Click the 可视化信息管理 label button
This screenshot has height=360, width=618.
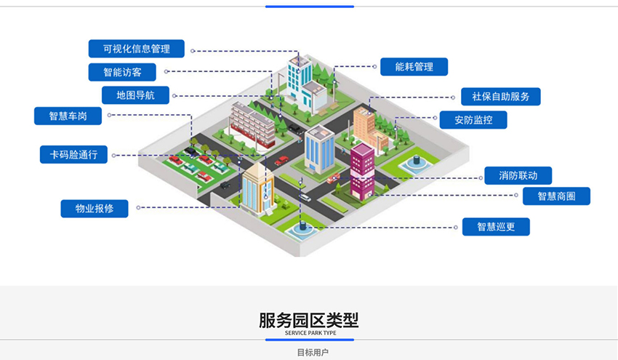[137, 49]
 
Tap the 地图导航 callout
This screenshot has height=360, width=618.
[135, 95]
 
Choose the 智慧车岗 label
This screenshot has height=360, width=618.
[68, 116]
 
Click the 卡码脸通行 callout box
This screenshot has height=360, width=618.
[73, 154]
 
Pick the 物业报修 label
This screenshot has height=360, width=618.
[95, 209]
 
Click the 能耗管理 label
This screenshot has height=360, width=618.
[414, 67]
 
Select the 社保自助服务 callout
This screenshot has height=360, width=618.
[501, 97]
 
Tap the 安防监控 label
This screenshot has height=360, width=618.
[473, 120]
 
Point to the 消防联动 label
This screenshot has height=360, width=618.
[518, 175]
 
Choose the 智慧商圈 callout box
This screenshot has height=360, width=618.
[556, 196]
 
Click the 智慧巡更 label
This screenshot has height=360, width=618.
[496, 227]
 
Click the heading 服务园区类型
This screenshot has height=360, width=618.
[309, 320]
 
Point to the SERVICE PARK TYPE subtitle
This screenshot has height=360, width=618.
[309, 332]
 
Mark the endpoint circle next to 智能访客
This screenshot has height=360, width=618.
[166, 71]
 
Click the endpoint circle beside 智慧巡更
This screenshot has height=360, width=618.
[455, 227]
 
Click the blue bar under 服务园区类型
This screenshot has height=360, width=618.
[309, 340]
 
